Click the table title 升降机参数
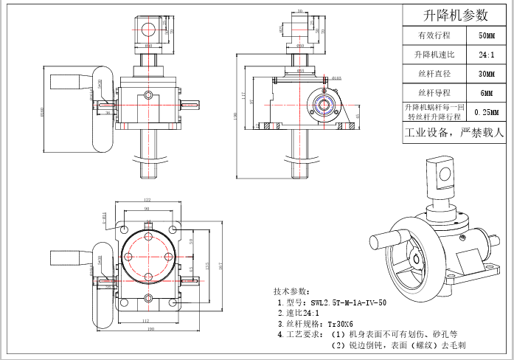point(455,15)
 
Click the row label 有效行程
point(433,35)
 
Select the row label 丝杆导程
point(433,93)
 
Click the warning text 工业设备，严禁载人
point(454,134)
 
